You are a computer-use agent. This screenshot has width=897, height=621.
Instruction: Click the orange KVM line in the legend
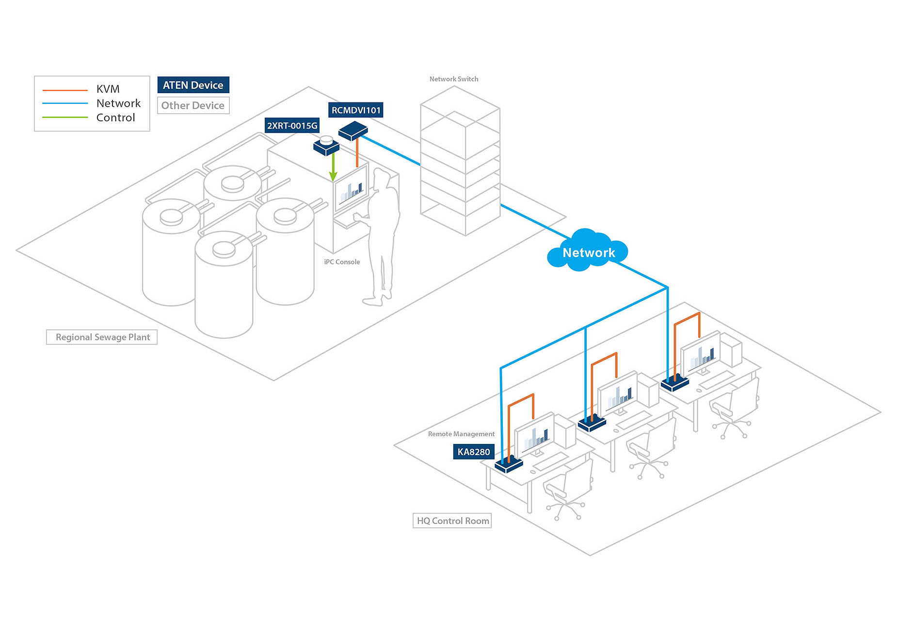click(65, 90)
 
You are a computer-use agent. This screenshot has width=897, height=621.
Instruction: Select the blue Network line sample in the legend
click(65, 103)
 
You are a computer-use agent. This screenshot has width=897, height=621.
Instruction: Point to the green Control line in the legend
click(65, 117)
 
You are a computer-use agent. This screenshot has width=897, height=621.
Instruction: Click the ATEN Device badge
click(193, 85)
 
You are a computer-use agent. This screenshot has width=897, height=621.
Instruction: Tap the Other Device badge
click(193, 105)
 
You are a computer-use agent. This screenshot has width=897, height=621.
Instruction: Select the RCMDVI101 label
click(356, 110)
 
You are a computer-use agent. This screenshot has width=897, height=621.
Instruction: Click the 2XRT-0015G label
click(292, 126)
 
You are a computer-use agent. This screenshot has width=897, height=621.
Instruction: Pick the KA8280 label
click(474, 452)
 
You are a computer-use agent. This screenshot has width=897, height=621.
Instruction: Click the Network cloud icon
click(588, 251)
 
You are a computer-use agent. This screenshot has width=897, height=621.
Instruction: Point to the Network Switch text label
click(454, 79)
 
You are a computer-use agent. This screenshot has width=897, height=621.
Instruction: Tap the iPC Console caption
click(342, 262)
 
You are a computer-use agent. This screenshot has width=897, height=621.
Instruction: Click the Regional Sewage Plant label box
click(102, 337)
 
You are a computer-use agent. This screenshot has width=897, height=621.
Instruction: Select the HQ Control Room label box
click(452, 521)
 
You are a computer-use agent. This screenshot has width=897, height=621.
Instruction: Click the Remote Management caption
click(461, 434)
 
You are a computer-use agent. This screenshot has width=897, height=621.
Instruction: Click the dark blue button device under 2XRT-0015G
click(326, 146)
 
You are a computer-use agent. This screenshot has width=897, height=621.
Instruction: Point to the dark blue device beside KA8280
click(509, 464)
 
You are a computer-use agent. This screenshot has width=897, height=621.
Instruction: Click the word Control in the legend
click(115, 117)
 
